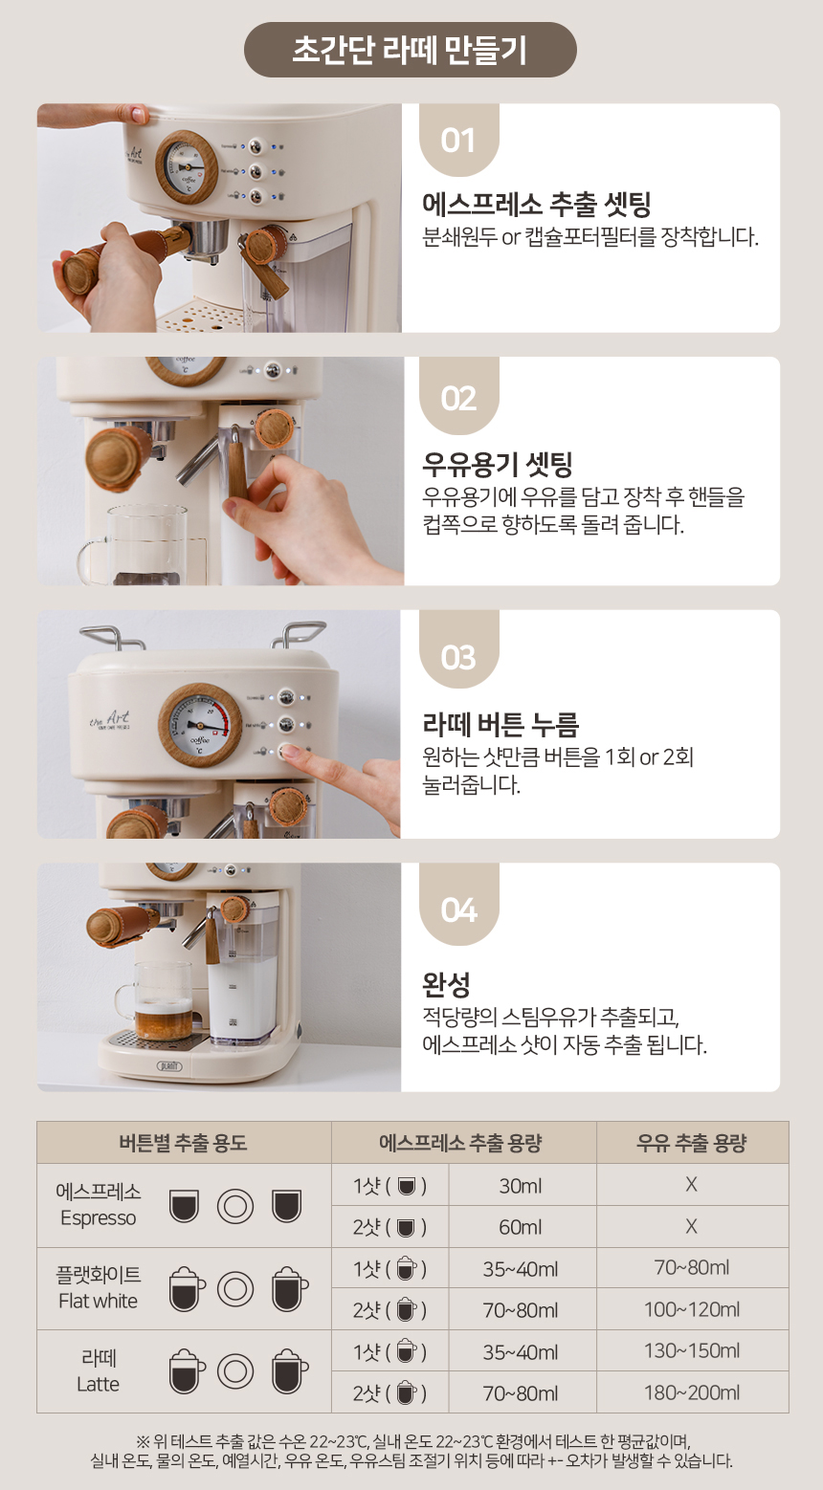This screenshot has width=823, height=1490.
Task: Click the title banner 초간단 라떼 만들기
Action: [x=411, y=50]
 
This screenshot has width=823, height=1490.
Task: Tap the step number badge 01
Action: [x=458, y=141]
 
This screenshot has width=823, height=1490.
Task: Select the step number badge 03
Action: [x=458, y=657]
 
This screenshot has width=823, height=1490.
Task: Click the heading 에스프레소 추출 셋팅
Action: [x=536, y=205]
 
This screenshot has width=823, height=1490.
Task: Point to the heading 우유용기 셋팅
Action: [x=498, y=464]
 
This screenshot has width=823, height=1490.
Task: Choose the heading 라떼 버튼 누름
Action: [x=500, y=724]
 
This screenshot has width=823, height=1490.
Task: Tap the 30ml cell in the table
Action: [x=521, y=1185]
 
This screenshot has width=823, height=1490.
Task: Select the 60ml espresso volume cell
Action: [x=521, y=1227]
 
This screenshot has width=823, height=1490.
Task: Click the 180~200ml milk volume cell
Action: [x=692, y=1392]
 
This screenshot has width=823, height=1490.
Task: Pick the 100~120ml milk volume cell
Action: [x=692, y=1309]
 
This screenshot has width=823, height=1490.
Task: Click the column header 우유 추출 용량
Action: [x=692, y=1143]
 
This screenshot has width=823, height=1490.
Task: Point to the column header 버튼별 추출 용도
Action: [x=183, y=1143]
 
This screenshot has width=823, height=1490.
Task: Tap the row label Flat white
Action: [x=98, y=1301]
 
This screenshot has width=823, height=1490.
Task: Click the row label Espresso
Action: [x=98, y=1217]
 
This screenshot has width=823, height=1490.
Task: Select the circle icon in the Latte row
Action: [x=235, y=1371]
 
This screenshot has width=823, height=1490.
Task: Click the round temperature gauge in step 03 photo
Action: [x=200, y=725]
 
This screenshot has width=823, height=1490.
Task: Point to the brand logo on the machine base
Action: [x=169, y=1066]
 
